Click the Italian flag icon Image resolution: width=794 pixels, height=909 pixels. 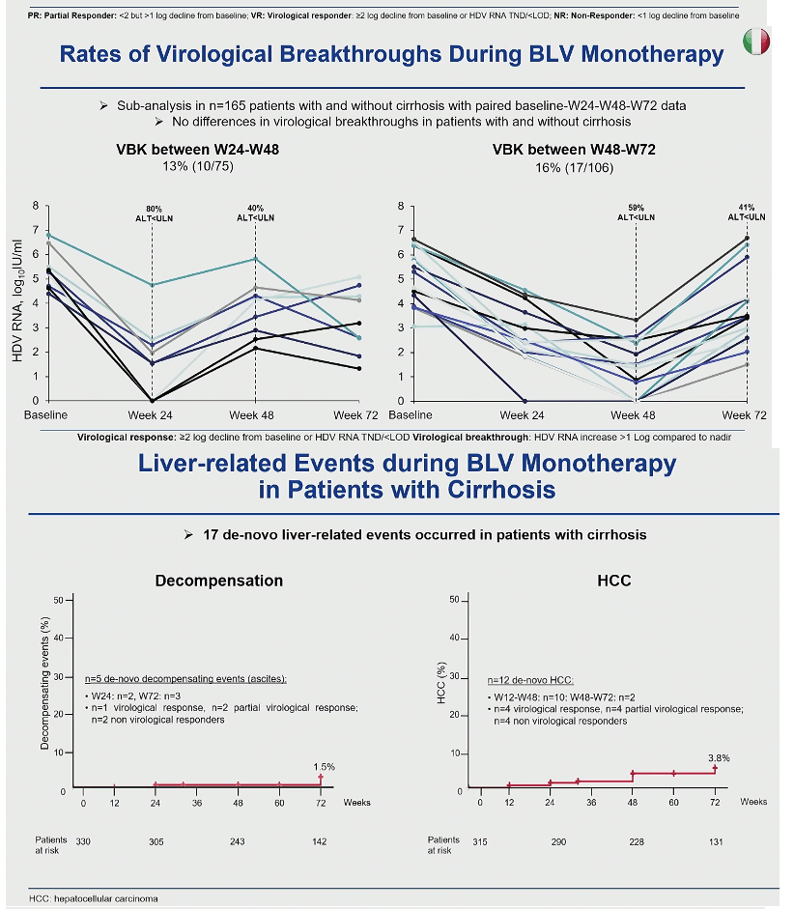pyautogui.click(x=755, y=42)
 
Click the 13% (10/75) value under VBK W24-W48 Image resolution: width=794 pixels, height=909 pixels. pyautogui.click(x=198, y=166)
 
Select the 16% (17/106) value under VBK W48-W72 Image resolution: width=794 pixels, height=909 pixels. pyautogui.click(x=574, y=167)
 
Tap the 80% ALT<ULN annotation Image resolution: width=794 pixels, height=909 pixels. pyautogui.click(x=154, y=213)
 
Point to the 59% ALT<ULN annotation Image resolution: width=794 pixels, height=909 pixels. pyautogui.click(x=636, y=213)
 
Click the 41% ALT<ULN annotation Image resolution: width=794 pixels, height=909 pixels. pyautogui.click(x=747, y=213)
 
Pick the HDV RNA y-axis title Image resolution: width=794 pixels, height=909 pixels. pyautogui.click(x=17, y=300)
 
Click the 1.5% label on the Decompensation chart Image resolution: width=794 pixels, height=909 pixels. pyautogui.click(x=324, y=766)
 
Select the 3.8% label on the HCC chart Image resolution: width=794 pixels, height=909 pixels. pyautogui.click(x=719, y=757)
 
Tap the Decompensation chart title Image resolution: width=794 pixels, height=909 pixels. pyautogui.click(x=219, y=581)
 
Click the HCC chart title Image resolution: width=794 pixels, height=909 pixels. pyautogui.click(x=613, y=581)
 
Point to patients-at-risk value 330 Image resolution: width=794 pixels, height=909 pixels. pyautogui.click(x=83, y=841)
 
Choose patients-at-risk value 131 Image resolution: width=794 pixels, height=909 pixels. pyautogui.click(x=716, y=841)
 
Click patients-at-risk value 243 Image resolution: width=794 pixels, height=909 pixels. pyautogui.click(x=237, y=841)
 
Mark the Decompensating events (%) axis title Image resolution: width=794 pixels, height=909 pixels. pyautogui.click(x=44, y=683)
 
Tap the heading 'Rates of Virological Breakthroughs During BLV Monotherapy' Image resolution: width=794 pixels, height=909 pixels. pyautogui.click(x=392, y=54)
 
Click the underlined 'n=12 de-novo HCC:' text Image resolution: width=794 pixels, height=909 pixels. pyautogui.click(x=530, y=680)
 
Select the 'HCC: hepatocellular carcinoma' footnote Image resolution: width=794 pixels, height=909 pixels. pyautogui.click(x=94, y=898)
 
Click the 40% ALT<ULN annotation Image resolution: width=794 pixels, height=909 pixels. pyautogui.click(x=255, y=213)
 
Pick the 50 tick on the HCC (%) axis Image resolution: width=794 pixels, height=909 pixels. pyautogui.click(x=454, y=600)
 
